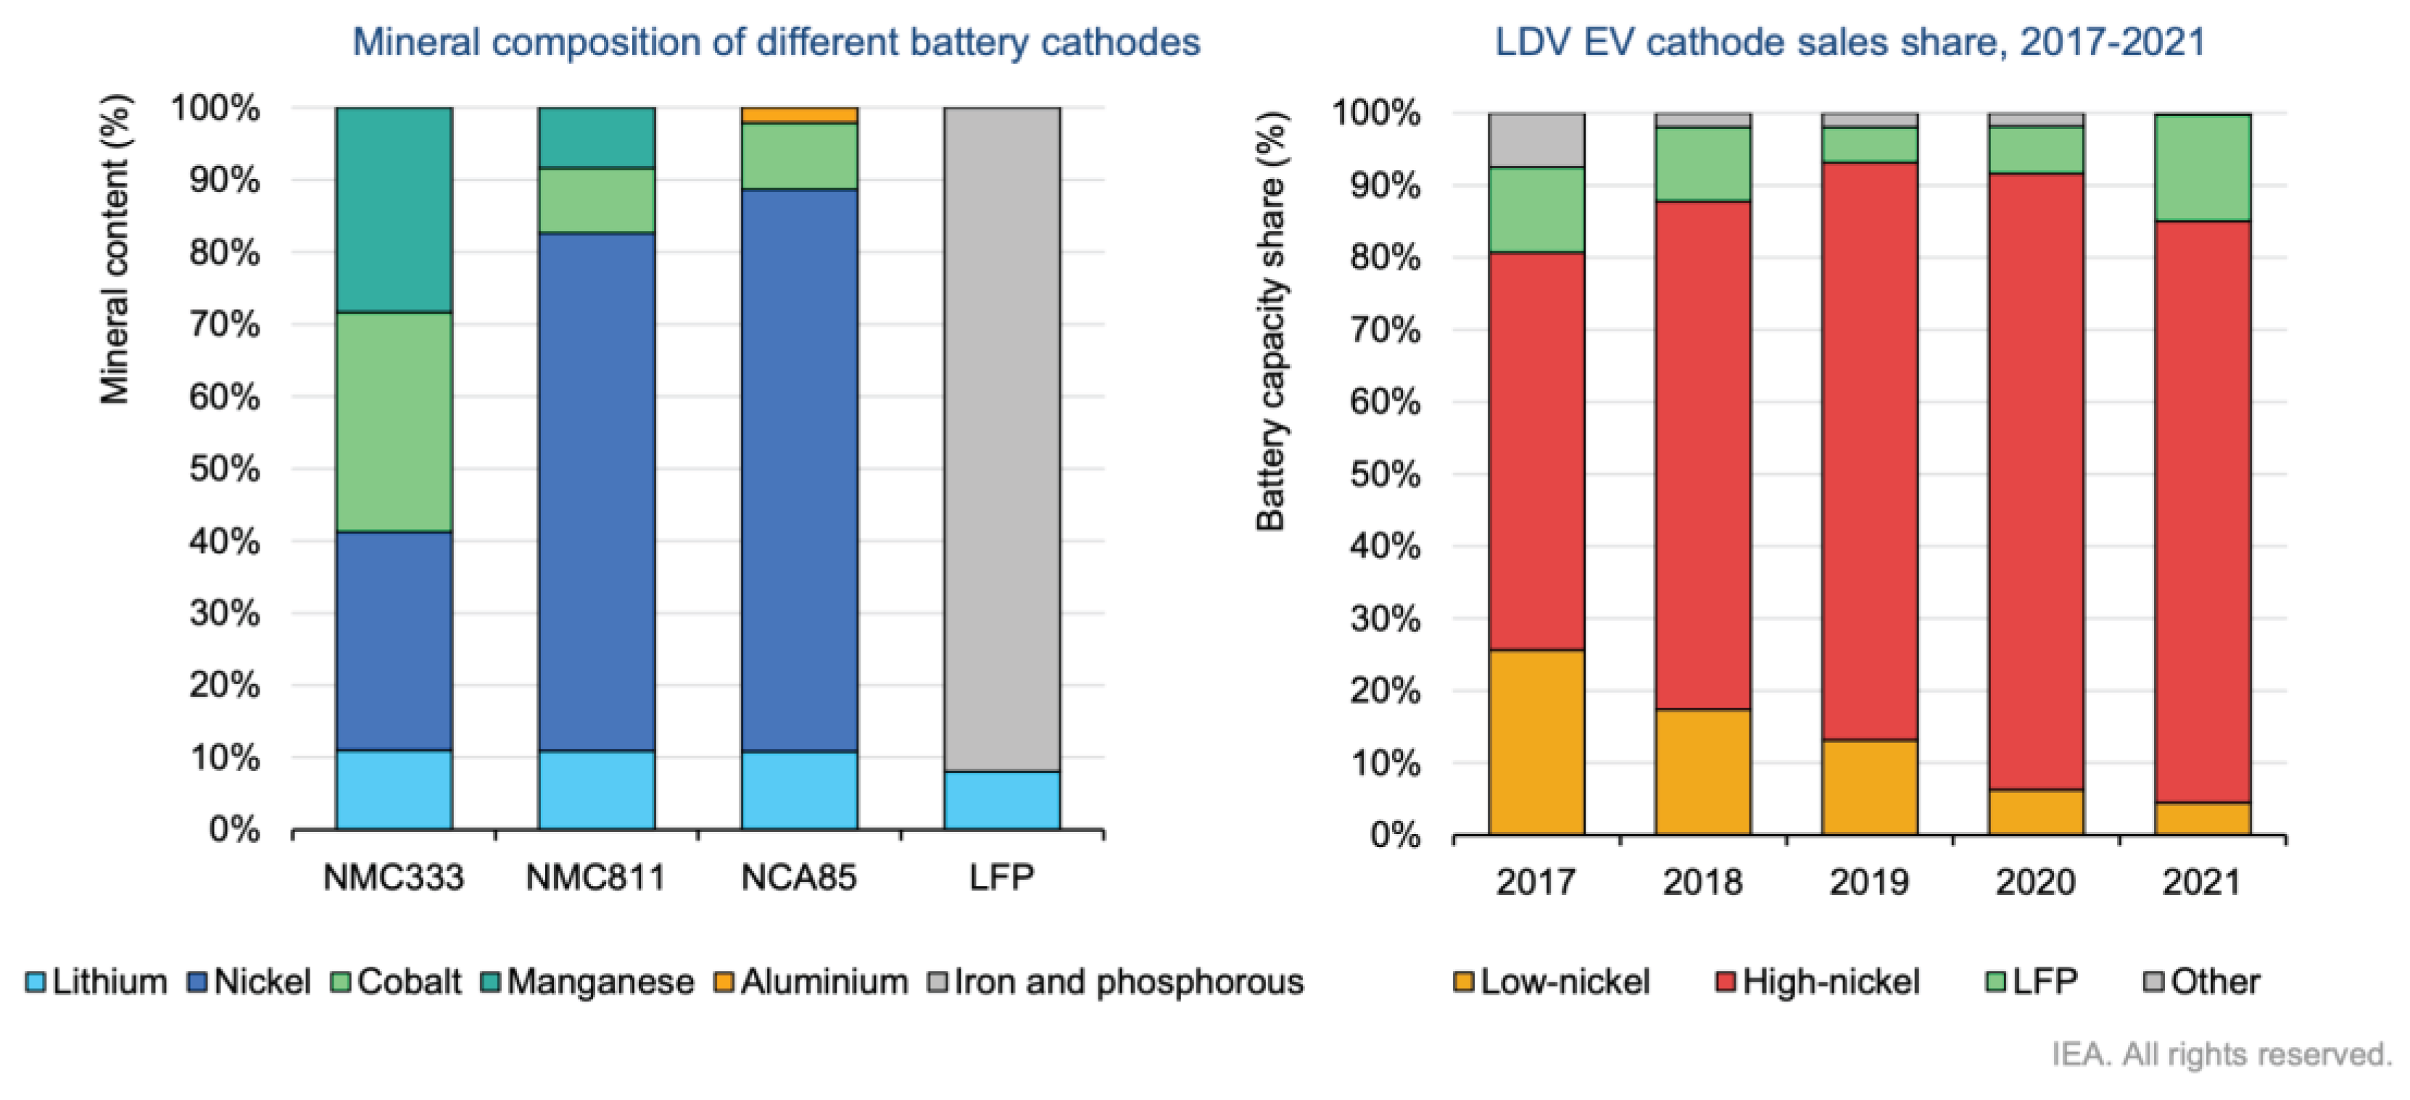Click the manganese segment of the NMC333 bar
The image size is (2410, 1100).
tap(394, 209)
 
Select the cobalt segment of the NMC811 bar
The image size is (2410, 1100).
tap(596, 200)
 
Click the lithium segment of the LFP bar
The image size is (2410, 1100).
tap(1001, 800)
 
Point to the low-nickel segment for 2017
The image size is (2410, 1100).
tap(1536, 742)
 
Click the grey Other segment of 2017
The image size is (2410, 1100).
tap(1536, 141)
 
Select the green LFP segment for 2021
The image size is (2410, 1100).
tap(2203, 168)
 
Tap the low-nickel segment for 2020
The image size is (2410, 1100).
tap(2036, 812)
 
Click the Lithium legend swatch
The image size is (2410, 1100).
tap(36, 982)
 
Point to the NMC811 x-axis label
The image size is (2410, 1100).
tap(596, 878)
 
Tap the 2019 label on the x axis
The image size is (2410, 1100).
tap(1868, 881)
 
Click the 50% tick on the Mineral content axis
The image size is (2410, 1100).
tap(225, 469)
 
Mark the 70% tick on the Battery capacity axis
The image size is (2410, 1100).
tap(1385, 330)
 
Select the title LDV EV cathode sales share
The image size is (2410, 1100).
tap(1850, 42)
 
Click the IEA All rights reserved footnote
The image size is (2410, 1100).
tap(2221, 1054)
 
